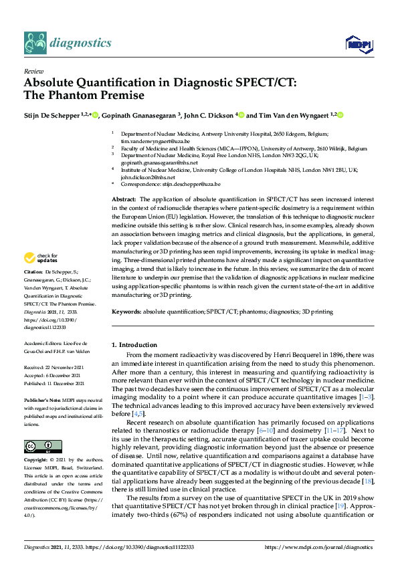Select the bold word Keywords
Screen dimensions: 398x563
click(x=126, y=312)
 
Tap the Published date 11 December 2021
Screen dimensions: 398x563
click(x=54, y=384)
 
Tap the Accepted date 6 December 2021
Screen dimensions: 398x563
click(x=53, y=376)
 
